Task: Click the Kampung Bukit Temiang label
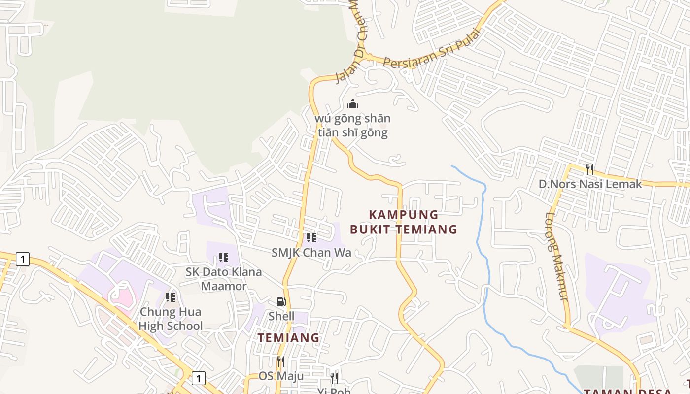pos(404,222)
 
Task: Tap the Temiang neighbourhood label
pos(289,338)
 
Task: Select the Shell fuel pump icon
pos(281,302)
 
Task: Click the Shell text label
pos(281,316)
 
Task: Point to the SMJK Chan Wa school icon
pos(311,238)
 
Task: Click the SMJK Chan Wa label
pos(311,253)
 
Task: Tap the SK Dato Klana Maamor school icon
pos(224,257)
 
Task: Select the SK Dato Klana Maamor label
pos(224,279)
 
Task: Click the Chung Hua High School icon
pos(171,297)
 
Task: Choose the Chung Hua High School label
pos(171,319)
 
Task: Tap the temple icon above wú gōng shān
pos(353,104)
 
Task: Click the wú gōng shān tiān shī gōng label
pos(353,126)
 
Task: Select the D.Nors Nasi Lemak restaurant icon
pos(590,169)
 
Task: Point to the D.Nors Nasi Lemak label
pos(590,184)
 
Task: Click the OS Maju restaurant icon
pos(281,361)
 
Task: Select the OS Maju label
pos(281,376)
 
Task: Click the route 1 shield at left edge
pos(22,259)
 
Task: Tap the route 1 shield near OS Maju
pos(198,378)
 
